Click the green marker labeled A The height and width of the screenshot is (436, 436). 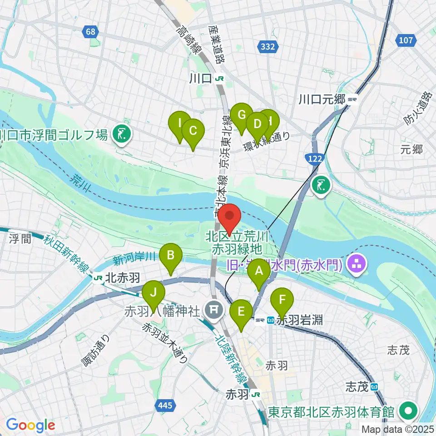click(259, 272)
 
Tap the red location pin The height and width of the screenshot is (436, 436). click(230, 217)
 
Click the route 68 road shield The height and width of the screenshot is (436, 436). click(91, 31)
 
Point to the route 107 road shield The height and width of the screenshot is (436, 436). click(406, 40)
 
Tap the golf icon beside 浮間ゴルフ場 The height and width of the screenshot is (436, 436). click(121, 134)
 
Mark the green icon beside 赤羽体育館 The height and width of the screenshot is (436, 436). click(408, 412)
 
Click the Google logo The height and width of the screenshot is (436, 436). click(30, 425)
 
